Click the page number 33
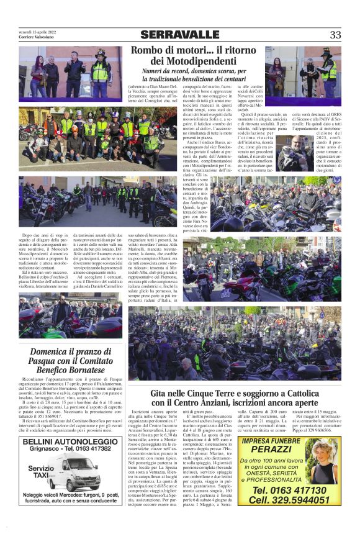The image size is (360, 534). (335, 35)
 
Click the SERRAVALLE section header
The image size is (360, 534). (179, 35)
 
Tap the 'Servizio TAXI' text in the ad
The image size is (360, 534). (41, 473)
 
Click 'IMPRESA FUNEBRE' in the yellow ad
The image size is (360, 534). (271, 440)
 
